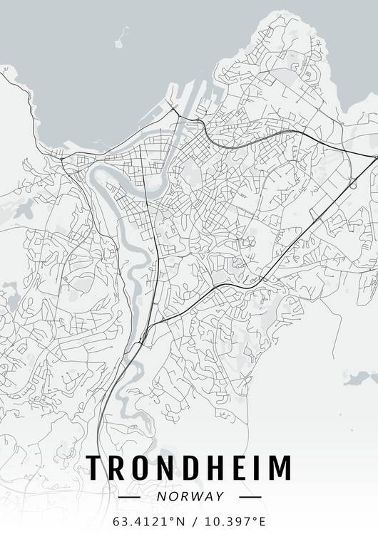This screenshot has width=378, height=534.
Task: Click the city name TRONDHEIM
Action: tap(189, 468)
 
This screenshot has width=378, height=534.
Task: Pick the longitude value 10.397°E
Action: tap(235, 521)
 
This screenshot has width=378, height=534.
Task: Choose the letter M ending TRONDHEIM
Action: tap(280, 468)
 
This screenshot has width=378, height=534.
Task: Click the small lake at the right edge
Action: tap(360, 379)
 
